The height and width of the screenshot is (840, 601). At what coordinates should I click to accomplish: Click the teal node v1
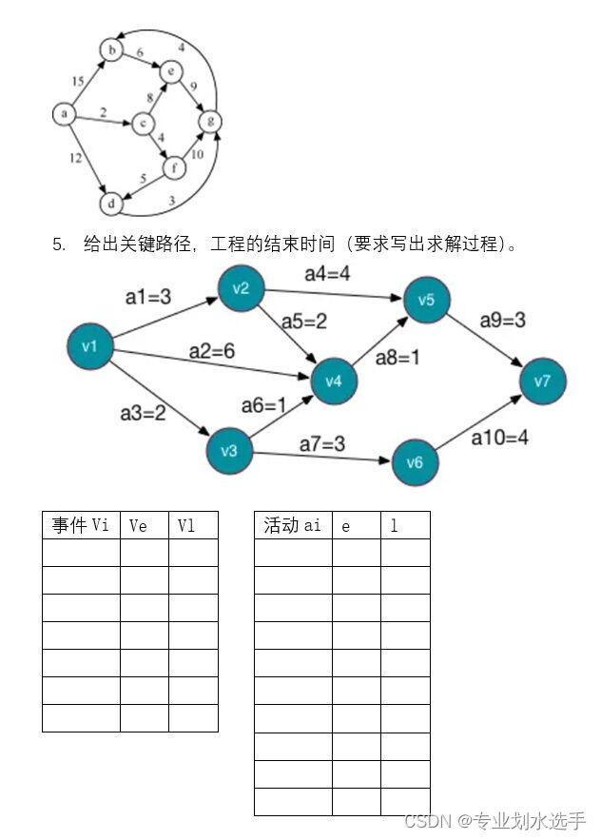90,346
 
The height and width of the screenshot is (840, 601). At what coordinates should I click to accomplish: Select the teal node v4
334,381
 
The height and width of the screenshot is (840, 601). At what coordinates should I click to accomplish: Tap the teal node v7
542,381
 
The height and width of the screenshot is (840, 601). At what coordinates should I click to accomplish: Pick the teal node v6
415,462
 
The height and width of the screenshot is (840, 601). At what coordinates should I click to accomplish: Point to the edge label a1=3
148,297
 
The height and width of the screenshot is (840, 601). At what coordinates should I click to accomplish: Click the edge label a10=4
500,438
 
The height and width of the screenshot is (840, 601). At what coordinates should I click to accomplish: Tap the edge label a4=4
327,275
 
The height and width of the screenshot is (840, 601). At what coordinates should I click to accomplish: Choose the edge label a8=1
397,359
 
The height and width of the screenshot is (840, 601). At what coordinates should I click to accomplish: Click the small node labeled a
63,114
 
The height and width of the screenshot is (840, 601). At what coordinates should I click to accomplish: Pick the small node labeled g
210,121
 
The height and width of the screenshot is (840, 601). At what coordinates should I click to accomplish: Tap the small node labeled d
111,203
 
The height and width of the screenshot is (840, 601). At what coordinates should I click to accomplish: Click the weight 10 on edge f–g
197,154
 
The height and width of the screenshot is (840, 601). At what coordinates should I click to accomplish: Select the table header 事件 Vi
81,525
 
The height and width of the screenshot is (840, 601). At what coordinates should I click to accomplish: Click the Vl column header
186,525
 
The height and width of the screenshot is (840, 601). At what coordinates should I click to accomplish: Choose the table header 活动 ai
293,525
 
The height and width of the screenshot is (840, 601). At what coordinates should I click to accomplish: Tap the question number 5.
59,244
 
